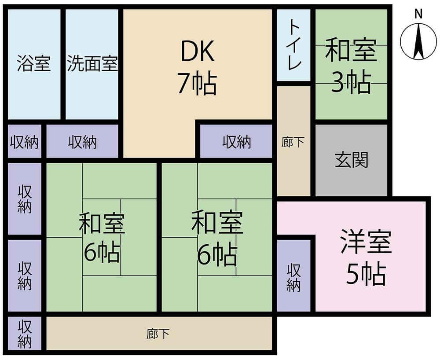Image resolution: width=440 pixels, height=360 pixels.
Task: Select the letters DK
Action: pyautogui.click(x=198, y=51)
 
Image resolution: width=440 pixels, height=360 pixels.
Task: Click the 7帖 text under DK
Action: pyautogui.click(x=197, y=83)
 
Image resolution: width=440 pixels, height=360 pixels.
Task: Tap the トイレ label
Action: pyautogui.click(x=294, y=44)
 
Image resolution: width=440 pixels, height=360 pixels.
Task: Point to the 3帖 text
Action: pyautogui.click(x=351, y=82)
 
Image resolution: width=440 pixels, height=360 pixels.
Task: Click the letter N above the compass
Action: pyautogui.click(x=418, y=14)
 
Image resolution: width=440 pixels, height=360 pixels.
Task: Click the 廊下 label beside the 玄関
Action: pyautogui.click(x=293, y=142)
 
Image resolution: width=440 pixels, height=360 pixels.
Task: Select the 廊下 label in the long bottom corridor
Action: pyautogui.click(x=158, y=334)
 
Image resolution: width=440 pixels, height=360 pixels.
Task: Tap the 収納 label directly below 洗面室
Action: pyautogui.click(x=83, y=142)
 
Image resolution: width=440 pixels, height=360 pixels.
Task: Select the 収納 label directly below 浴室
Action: pyautogui.click(x=24, y=142)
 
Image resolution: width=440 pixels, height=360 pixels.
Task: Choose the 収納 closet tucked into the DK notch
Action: pyautogui.click(x=237, y=141)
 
